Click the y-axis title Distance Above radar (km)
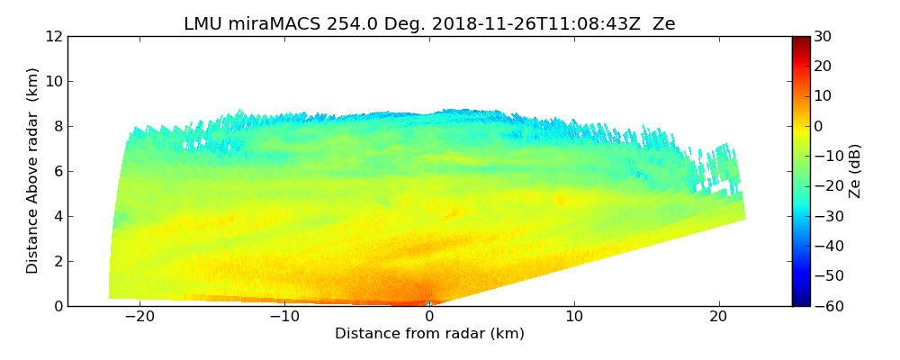33,171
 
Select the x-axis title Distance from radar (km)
429,334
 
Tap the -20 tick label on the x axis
139,318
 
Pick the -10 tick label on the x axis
283,318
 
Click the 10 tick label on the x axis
574,318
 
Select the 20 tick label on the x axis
719,318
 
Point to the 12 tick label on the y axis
54,37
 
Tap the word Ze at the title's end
664,24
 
